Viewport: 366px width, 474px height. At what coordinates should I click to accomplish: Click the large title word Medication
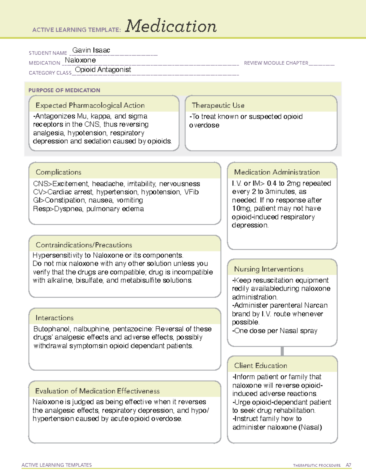171,26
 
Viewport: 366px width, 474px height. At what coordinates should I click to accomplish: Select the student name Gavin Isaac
91,50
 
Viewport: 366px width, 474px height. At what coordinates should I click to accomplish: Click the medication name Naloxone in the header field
80,60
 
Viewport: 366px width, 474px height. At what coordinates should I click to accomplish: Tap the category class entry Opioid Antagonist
103,70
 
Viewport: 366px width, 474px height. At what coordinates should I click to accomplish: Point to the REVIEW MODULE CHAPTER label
276,63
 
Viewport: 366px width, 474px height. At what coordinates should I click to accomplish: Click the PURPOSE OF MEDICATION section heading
64,90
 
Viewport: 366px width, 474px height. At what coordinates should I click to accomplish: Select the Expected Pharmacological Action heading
90,105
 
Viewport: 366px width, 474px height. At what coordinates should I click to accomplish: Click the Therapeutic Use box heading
218,105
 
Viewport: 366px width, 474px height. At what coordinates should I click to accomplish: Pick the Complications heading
58,172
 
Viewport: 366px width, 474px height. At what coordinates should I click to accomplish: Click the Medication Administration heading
277,172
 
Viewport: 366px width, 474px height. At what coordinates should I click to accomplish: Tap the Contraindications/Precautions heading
84,245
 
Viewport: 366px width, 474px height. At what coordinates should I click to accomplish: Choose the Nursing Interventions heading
268,269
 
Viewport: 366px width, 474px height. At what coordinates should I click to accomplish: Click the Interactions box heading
54,318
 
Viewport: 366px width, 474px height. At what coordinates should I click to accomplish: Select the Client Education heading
260,365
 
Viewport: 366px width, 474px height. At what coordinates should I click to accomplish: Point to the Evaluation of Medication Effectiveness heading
97,391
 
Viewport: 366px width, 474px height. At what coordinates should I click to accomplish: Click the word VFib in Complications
191,192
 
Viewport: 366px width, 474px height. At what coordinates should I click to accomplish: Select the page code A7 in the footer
348,465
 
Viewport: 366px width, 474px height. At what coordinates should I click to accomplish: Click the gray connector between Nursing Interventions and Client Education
282,351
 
